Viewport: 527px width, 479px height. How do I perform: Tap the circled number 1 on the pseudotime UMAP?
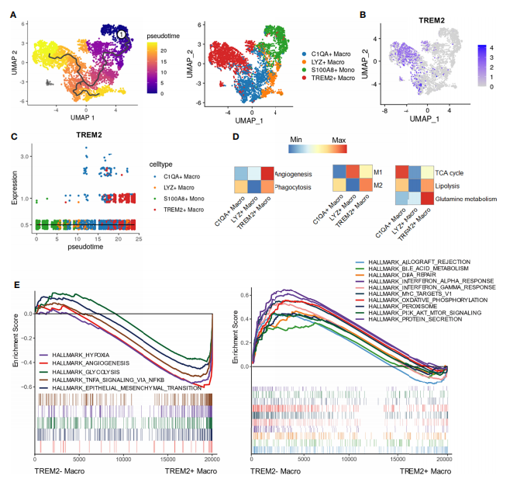[x=122, y=34]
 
